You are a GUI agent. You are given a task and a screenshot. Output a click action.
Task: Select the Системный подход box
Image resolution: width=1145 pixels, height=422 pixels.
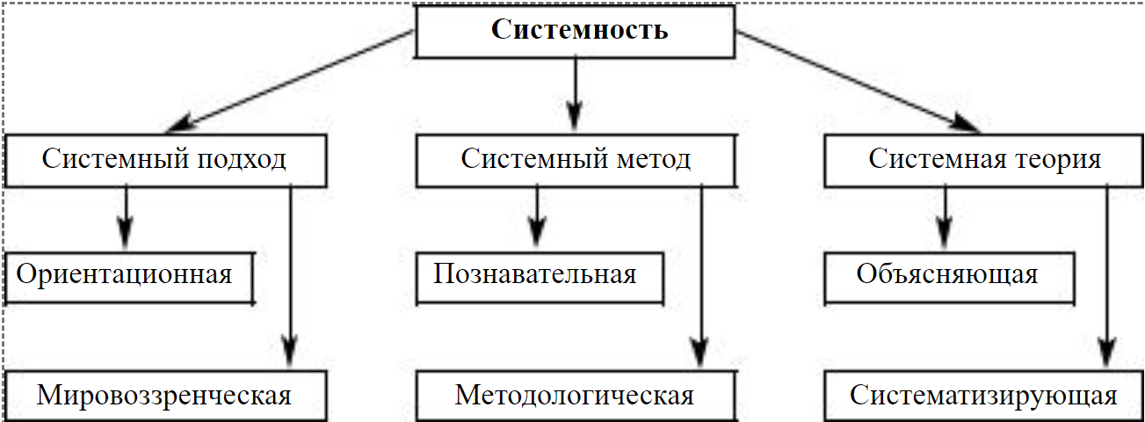[x=163, y=160]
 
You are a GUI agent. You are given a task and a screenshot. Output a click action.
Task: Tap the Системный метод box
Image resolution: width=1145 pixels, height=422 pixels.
[x=576, y=160]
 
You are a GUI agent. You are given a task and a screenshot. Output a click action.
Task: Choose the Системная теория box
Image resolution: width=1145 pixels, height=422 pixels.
[x=985, y=160]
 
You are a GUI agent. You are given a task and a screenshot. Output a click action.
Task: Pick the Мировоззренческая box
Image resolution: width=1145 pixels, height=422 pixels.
[x=163, y=396]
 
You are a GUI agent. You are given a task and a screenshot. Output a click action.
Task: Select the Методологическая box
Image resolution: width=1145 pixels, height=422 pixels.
[x=575, y=396]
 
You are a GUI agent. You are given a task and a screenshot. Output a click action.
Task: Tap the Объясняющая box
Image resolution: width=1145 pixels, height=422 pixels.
[x=946, y=274]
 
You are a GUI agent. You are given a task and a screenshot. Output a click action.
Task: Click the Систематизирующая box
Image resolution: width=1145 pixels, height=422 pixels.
[x=983, y=396]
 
